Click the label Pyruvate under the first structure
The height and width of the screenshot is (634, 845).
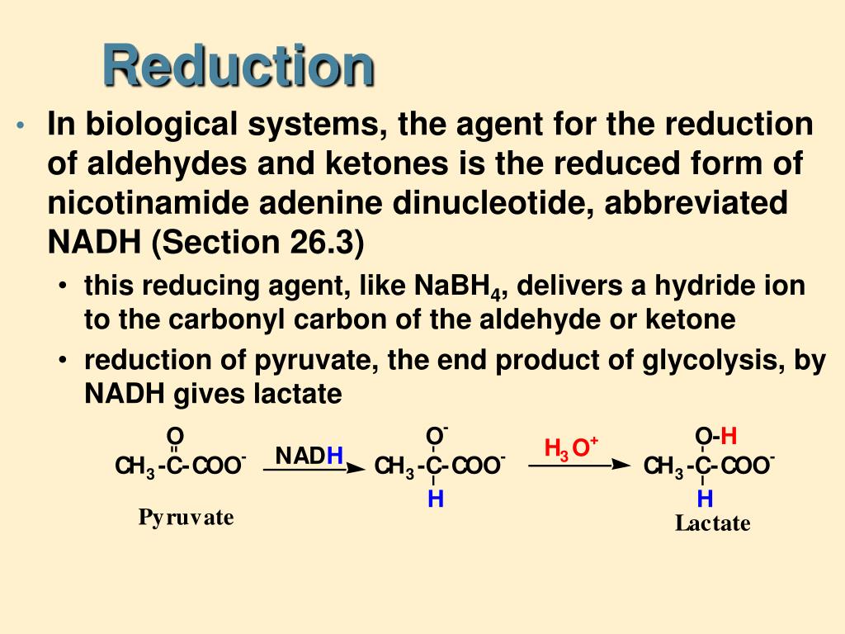pyautogui.click(x=186, y=518)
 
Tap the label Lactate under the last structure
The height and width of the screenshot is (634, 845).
pyautogui.click(x=712, y=523)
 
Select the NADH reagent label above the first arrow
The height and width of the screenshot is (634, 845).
pyautogui.click(x=309, y=456)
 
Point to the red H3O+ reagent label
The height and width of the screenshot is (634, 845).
pyautogui.click(x=570, y=448)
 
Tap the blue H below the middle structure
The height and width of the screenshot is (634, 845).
pyautogui.click(x=435, y=499)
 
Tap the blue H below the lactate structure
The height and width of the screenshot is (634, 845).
pyautogui.click(x=704, y=499)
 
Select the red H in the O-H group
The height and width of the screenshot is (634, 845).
pyautogui.click(x=729, y=435)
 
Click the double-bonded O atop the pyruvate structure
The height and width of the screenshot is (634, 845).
pyautogui.click(x=174, y=435)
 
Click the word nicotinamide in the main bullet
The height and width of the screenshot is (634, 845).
pyautogui.click(x=143, y=203)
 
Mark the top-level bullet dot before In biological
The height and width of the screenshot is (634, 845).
pyautogui.click(x=21, y=126)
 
